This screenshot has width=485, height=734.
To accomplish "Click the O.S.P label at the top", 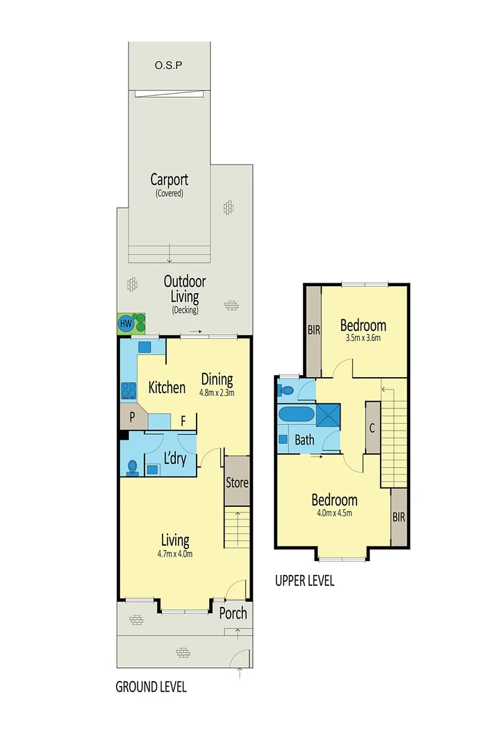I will pos(168,66).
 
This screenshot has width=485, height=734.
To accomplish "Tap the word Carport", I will pos(169,179).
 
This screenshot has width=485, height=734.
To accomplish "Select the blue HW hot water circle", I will pos(126,324).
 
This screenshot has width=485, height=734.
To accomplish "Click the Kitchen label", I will pos(167,387).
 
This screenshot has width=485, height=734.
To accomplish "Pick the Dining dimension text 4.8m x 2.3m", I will pos(217,392).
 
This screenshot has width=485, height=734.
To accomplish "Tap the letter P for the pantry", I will pos(130,417).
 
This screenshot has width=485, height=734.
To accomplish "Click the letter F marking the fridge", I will pos(183,419).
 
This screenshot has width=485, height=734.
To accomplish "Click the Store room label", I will pos(238,482).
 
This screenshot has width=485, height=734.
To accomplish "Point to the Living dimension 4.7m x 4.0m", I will pos(175,553).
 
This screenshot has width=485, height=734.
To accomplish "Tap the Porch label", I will pos(233,613).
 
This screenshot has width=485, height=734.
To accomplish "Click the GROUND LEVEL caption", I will pos(151,687).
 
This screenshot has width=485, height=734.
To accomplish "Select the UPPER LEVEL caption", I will pos(304,581).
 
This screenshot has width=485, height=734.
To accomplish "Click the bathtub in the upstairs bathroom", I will pos(295,416).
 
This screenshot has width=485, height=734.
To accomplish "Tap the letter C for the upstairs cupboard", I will pos(372,428).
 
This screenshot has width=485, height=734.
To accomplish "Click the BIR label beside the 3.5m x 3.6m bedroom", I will pos(313,331).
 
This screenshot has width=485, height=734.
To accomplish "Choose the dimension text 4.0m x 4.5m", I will pos(334,514).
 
